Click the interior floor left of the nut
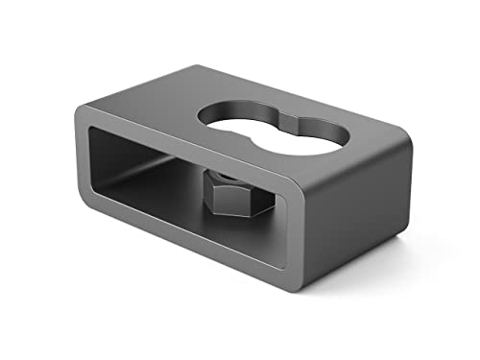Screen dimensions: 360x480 (x=154, y=192)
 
